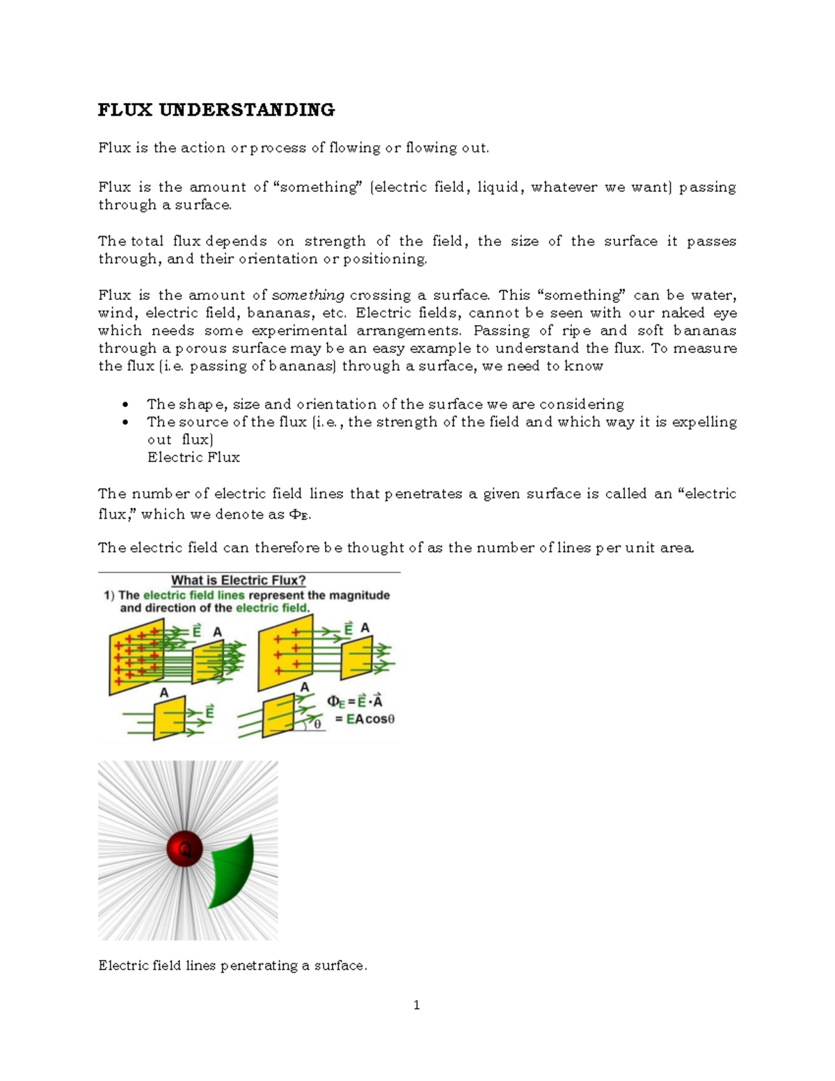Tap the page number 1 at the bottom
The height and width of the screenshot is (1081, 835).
click(x=416, y=1005)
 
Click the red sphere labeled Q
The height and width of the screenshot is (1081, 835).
click(x=185, y=849)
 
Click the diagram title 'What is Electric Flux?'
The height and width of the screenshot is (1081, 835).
click(x=239, y=581)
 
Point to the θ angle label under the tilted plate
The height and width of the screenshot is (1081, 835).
click(x=318, y=724)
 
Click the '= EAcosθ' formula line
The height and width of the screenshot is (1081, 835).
click(x=365, y=720)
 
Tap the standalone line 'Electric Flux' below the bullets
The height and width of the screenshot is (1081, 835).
click(x=193, y=457)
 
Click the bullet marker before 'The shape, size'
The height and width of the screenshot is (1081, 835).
click(x=125, y=404)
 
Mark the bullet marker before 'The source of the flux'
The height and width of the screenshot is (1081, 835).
click(x=125, y=423)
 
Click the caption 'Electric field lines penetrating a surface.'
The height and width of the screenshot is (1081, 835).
click(x=232, y=965)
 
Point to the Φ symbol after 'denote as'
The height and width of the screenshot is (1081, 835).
click(x=294, y=514)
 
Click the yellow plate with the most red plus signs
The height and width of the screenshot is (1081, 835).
click(x=137, y=657)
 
